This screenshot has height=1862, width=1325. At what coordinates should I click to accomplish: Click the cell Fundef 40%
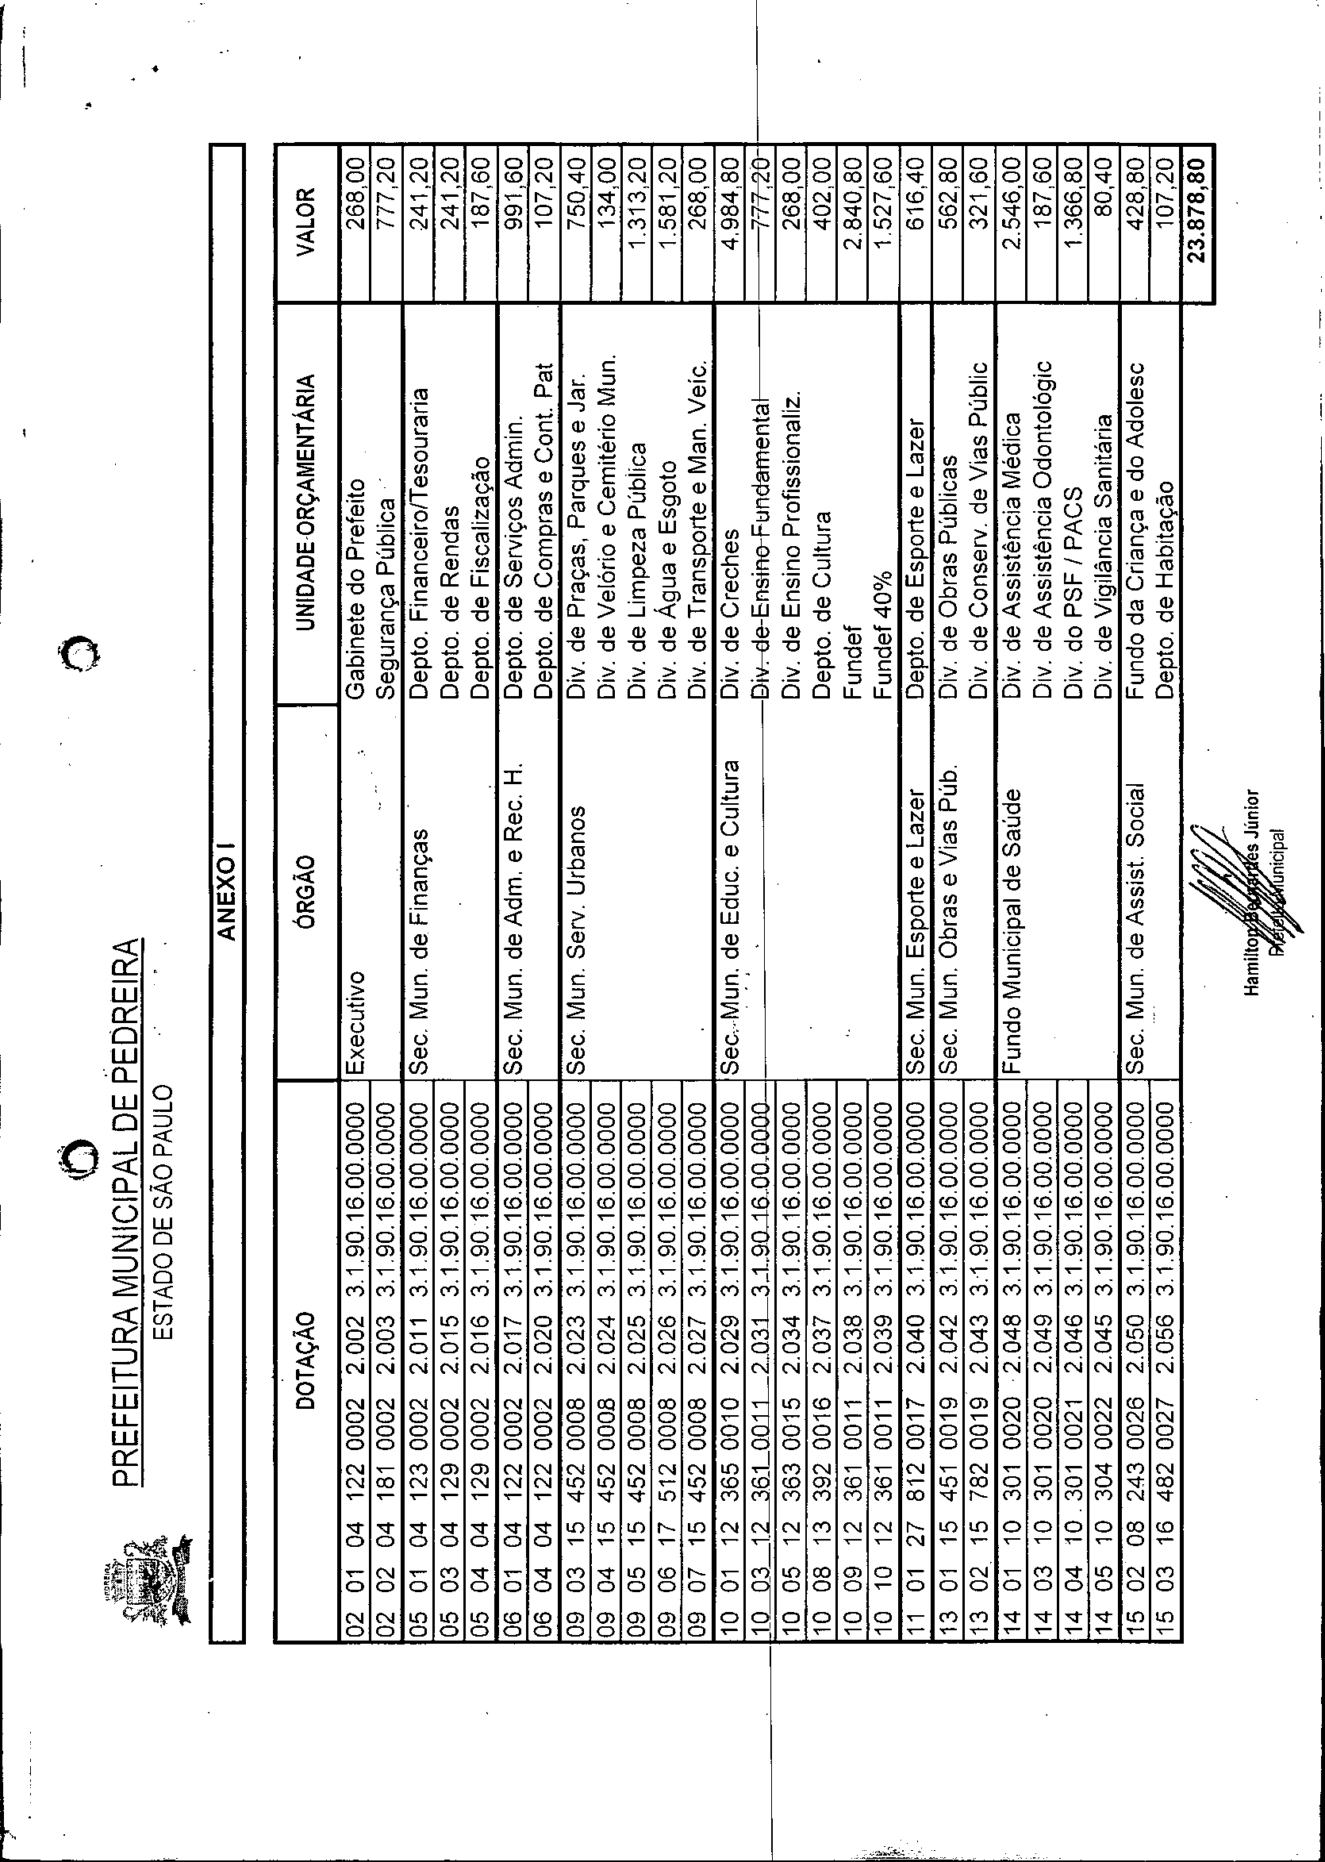pyautogui.click(x=883, y=645)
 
